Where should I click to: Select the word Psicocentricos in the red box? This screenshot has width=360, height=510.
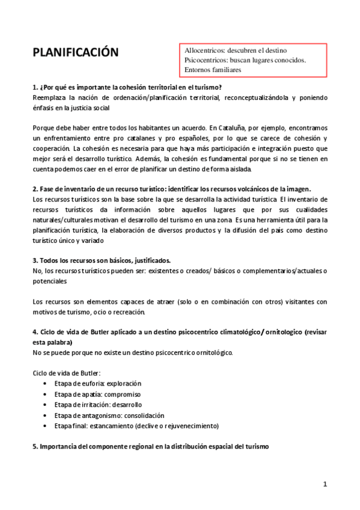pyautogui.click(x=209, y=60)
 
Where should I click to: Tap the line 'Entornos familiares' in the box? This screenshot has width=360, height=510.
pyautogui.click(x=213, y=70)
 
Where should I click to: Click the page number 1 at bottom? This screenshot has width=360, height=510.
pyautogui.click(x=325, y=484)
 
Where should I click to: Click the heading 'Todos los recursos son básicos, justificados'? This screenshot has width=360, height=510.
pyautogui.click(x=102, y=260)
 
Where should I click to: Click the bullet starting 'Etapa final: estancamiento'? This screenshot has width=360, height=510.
pyautogui.click(x=136, y=426)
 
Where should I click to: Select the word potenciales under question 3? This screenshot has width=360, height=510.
pyautogui.click(x=50, y=281)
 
